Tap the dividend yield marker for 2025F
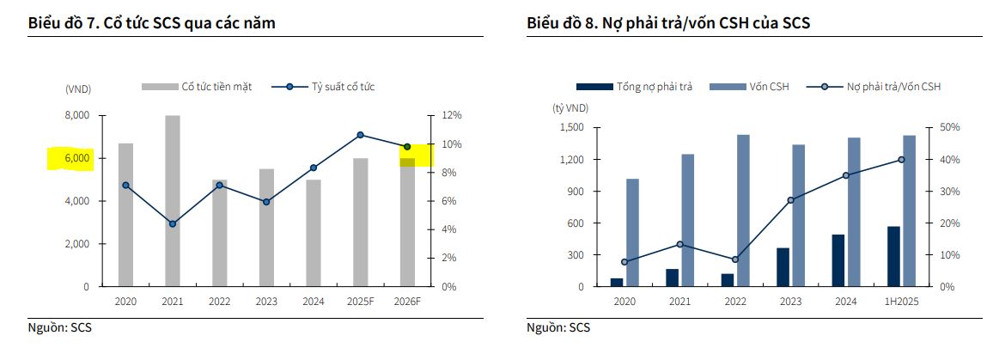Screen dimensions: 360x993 361,135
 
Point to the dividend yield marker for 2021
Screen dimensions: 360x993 173,223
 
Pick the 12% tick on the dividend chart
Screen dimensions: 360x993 452,115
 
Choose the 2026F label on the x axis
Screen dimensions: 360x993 407,302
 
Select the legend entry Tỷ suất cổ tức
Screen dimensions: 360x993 343,87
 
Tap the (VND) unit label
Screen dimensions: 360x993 78,88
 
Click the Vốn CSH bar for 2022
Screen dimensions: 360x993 742,211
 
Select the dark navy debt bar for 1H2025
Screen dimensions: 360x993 893,256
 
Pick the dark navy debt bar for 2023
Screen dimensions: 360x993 783,267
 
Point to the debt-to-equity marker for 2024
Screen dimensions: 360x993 846,175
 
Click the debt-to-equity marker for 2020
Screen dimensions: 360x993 624,262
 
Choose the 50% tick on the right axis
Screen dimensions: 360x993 950,128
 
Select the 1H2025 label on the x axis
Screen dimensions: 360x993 901,302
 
